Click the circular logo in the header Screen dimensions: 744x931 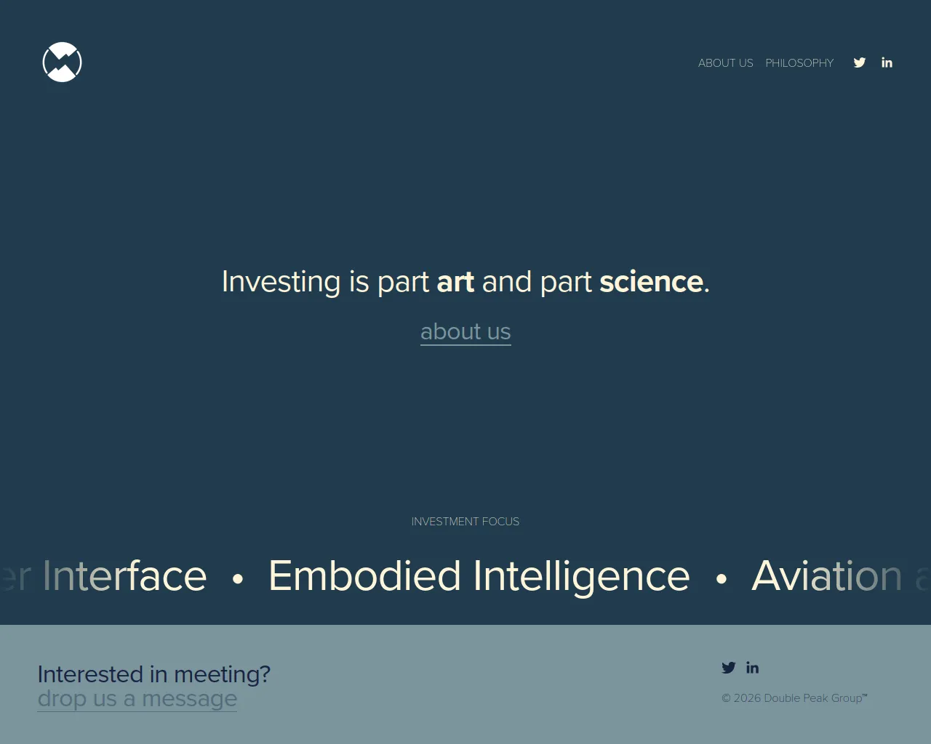[x=62, y=62]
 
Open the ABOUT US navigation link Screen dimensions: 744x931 [x=725, y=63]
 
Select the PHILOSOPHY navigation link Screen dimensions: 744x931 [x=799, y=63]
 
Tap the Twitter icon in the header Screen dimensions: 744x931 [x=860, y=62]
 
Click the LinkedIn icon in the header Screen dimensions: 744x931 [x=887, y=62]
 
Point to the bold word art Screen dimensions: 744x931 [x=455, y=282]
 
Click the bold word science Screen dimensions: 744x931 [x=651, y=282]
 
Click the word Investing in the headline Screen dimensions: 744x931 [x=281, y=282]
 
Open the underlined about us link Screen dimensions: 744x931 [x=465, y=332]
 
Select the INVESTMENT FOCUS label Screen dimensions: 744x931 [x=465, y=522]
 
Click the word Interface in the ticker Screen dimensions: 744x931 [x=124, y=576]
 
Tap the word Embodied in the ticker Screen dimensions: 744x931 [x=364, y=576]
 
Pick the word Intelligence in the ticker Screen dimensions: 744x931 [x=581, y=576]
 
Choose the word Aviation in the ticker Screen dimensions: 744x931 [x=826, y=576]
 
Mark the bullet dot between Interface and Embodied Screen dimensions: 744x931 [x=238, y=579]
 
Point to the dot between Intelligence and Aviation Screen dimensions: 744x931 [x=721, y=579]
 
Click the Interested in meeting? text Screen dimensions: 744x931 [x=153, y=674]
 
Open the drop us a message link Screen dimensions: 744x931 [x=137, y=699]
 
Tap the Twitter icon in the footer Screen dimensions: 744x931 [x=728, y=668]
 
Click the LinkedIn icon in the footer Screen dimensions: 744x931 [x=752, y=668]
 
